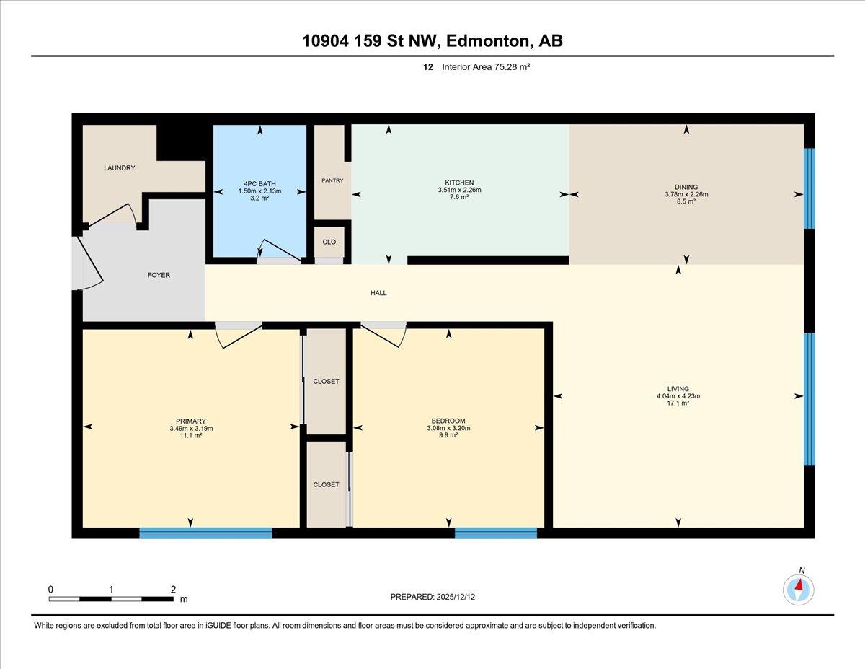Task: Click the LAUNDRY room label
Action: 120,168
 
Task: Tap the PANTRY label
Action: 332,180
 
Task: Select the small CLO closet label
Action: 329,242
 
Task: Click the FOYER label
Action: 159,276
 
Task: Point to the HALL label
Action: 378,293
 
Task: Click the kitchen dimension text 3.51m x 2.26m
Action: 459,190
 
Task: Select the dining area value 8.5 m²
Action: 686,201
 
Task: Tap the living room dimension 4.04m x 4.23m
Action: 678,396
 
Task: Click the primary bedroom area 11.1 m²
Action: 191,435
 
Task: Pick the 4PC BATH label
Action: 260,184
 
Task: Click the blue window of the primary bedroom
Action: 206,533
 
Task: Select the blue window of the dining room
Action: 809,188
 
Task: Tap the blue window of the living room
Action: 809,399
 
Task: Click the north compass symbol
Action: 798,590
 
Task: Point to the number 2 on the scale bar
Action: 173,590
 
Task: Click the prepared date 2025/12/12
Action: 456,597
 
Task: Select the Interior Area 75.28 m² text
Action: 486,67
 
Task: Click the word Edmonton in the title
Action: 489,41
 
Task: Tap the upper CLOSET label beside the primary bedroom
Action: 326,382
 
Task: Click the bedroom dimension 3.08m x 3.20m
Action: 448,428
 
